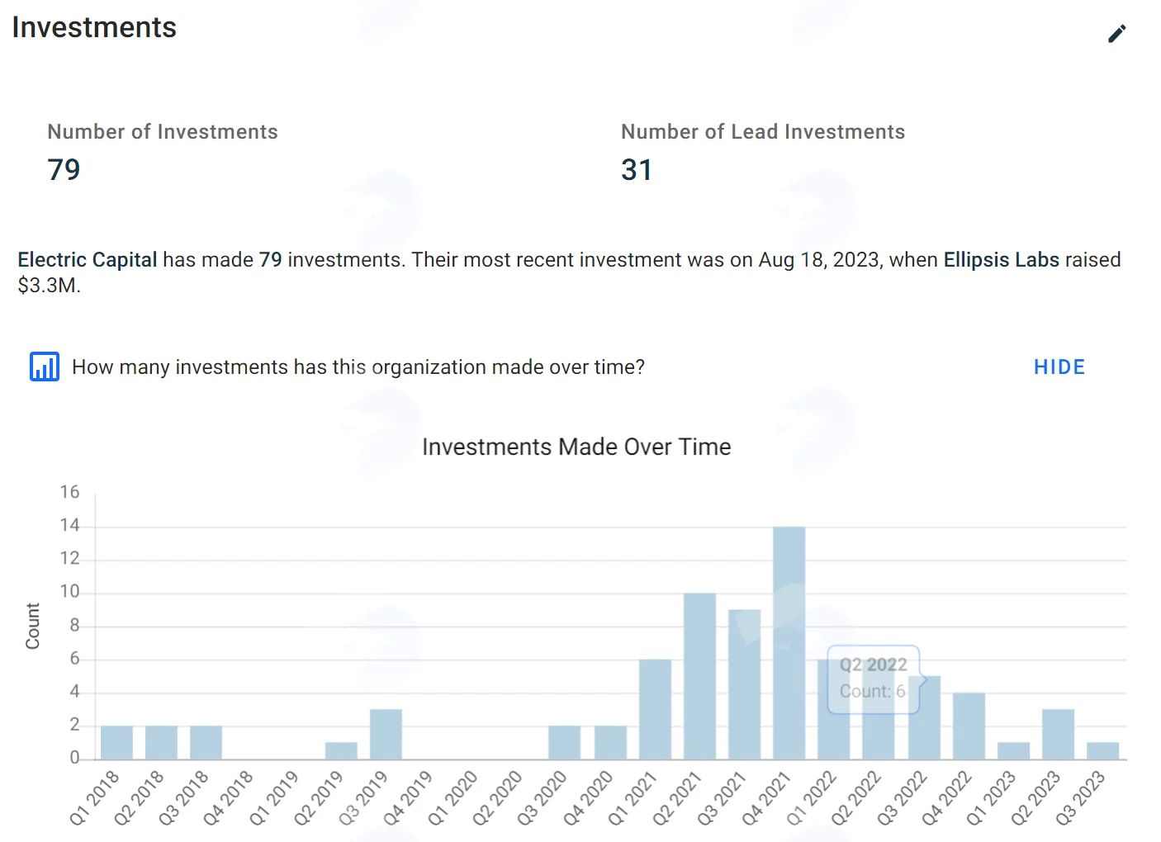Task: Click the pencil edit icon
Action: tap(1117, 34)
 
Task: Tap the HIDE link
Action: tap(1059, 367)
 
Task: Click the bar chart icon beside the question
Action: tap(45, 367)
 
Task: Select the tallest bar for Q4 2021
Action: tap(789, 643)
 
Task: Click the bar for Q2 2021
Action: tap(699, 676)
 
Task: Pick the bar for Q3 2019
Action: tap(386, 734)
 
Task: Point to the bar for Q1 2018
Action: tap(116, 742)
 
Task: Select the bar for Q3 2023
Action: tap(1103, 751)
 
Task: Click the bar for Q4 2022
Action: tap(969, 726)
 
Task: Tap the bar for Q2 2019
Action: tap(341, 751)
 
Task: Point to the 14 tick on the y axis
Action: tap(69, 525)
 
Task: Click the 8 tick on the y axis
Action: tap(74, 625)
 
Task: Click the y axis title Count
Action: tap(33, 626)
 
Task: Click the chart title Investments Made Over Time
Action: tap(576, 447)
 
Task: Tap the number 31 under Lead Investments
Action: tap(637, 169)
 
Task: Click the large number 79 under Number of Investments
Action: tap(64, 169)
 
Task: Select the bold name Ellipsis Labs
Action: tap(1001, 259)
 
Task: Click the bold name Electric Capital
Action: tap(87, 259)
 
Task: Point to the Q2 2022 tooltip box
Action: tap(874, 679)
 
